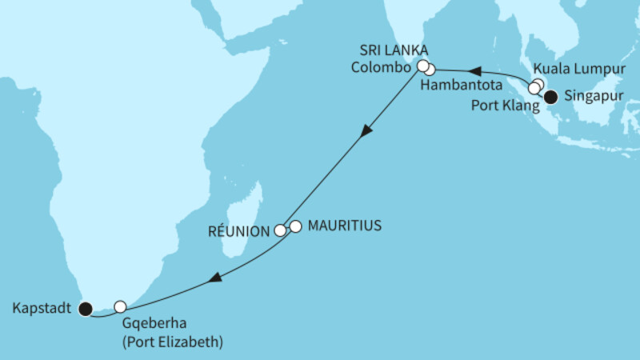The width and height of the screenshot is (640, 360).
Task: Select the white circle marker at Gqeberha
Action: (x=120, y=306)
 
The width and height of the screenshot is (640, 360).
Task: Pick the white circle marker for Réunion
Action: (x=280, y=230)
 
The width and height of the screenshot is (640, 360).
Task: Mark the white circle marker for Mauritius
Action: (x=295, y=226)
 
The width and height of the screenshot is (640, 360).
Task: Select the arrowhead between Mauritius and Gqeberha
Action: (x=214, y=278)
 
